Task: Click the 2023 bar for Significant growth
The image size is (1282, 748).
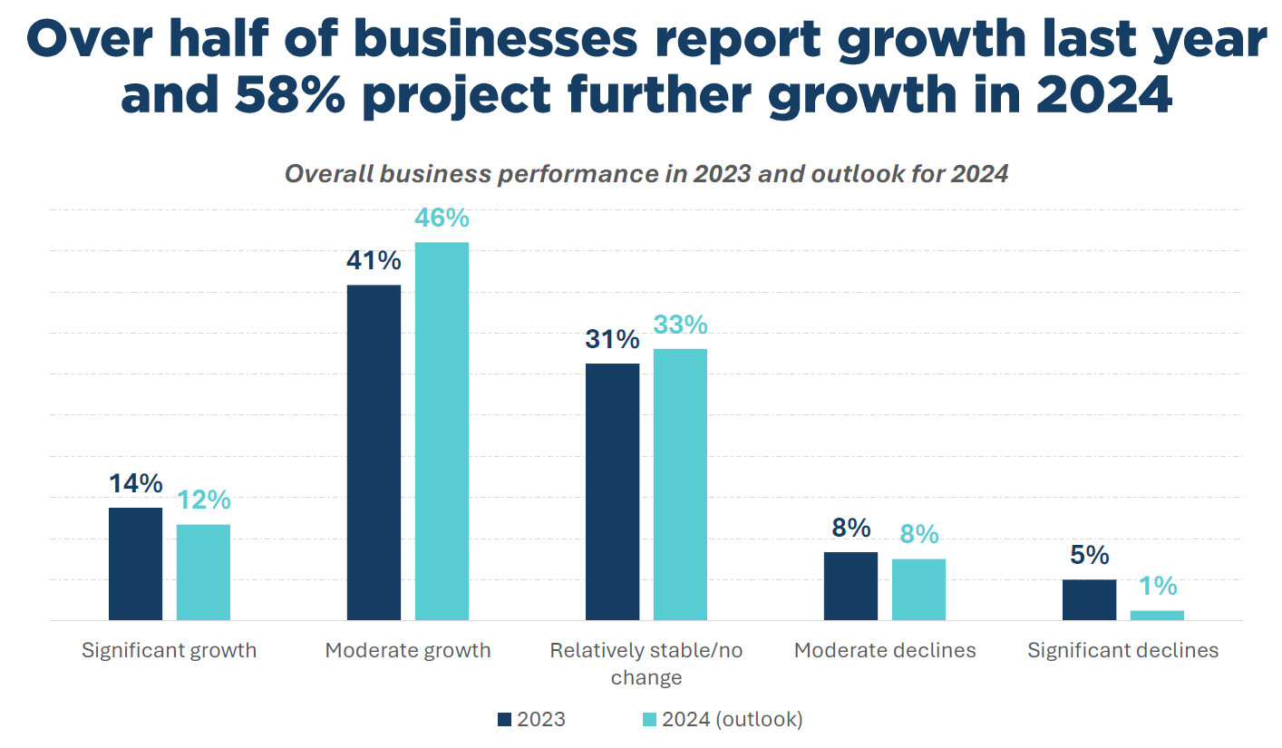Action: pyautogui.click(x=135, y=563)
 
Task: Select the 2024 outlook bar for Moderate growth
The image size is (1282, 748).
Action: pyautogui.click(x=442, y=431)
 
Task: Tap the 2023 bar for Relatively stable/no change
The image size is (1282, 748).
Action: pyautogui.click(x=612, y=491)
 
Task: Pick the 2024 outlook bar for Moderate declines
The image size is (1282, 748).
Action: pyautogui.click(x=918, y=589)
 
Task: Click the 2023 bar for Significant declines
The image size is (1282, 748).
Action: pyautogui.click(x=1089, y=599)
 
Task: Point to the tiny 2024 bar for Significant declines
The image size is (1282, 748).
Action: pyautogui.click(x=1157, y=616)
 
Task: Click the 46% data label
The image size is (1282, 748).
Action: pyautogui.click(x=442, y=219)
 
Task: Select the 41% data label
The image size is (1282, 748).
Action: pyautogui.click(x=373, y=261)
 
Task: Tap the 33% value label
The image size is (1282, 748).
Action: pyautogui.click(x=680, y=325)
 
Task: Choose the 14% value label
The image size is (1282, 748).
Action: pyautogui.click(x=135, y=483)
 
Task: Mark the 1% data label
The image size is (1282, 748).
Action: pyautogui.click(x=1157, y=587)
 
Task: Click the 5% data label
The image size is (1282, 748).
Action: pyautogui.click(x=1089, y=555)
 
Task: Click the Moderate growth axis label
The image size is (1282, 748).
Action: pyautogui.click(x=408, y=650)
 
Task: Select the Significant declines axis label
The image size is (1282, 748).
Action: pyautogui.click(x=1122, y=650)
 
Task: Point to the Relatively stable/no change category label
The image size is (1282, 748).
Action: pyautogui.click(x=646, y=664)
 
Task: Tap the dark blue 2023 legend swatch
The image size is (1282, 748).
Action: pyautogui.click(x=505, y=720)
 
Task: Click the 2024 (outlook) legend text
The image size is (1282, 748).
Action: pyautogui.click(x=732, y=720)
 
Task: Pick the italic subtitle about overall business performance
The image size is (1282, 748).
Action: pyautogui.click(x=646, y=174)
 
